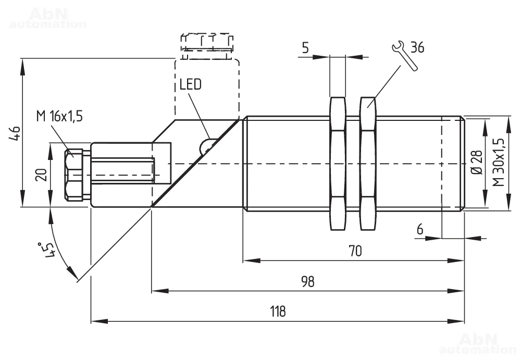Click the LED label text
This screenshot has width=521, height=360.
point(190,84)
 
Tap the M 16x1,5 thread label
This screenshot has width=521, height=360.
point(59,116)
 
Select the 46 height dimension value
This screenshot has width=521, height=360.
point(16,133)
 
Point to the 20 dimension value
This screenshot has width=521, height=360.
point(41,175)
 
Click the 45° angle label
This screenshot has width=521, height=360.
point(47,250)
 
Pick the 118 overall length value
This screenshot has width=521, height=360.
point(278,312)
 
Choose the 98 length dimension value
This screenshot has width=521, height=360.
point(308,281)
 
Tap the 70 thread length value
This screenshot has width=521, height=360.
point(355,251)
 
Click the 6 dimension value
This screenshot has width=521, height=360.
point(420,229)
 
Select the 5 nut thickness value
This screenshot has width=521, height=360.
point(305,47)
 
